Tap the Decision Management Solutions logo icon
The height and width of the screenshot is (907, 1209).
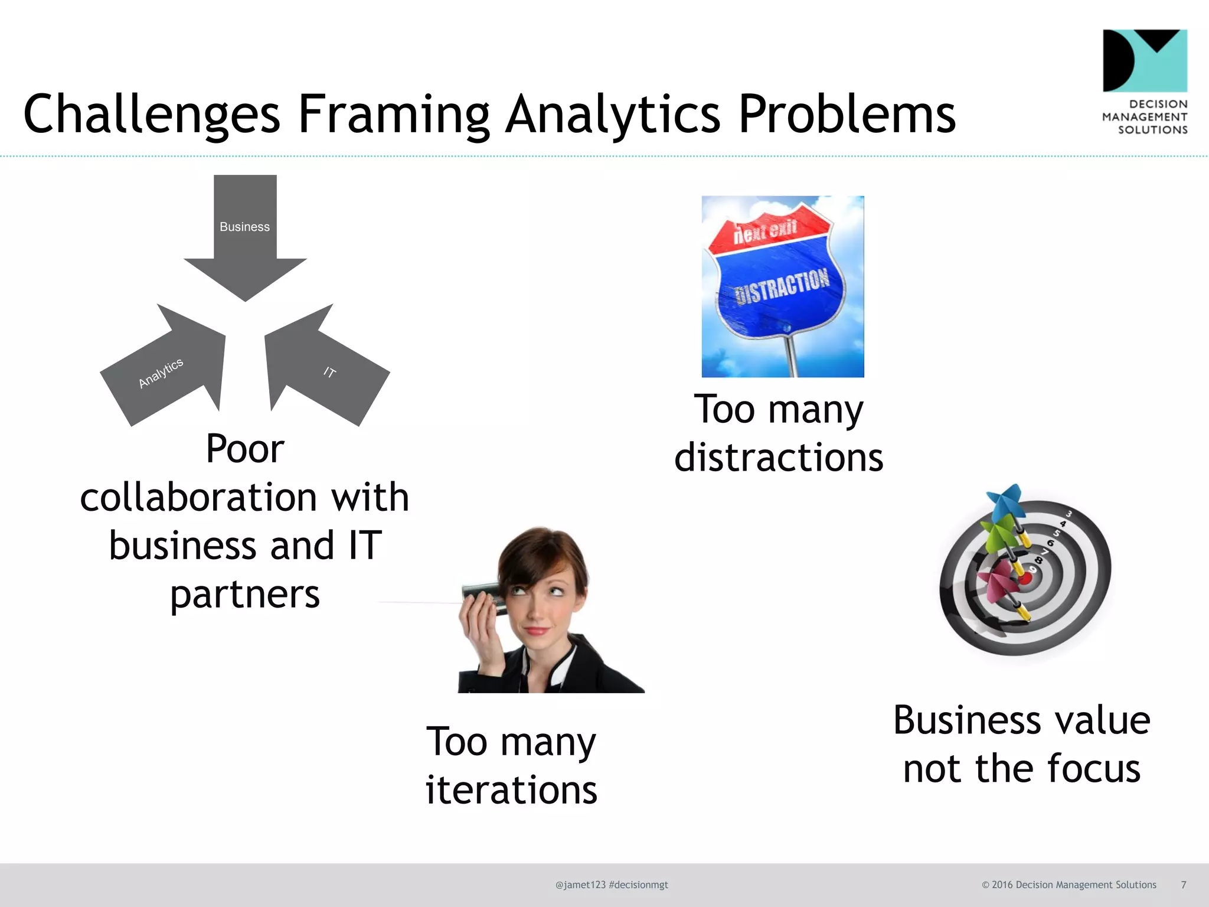[1145, 61]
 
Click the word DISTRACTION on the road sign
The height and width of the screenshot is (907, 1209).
[782, 286]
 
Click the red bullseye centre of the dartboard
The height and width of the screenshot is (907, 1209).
[1025, 578]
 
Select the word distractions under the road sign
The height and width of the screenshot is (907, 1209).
[779, 458]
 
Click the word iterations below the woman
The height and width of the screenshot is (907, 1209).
[511, 790]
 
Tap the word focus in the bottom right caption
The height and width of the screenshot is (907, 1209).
[1093, 769]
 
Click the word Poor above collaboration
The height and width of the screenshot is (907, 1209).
[245, 449]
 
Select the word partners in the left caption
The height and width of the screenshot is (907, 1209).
[245, 594]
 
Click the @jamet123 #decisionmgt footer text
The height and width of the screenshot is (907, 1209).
[612, 885]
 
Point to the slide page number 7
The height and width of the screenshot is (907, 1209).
[1183, 885]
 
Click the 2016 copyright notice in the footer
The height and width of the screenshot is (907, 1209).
[1069, 885]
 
